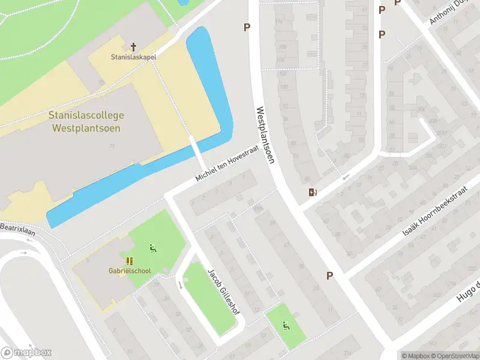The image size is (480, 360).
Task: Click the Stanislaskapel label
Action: click(133, 58)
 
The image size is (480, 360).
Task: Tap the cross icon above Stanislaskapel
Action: click(133, 46)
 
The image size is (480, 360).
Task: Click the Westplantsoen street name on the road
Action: click(265, 136)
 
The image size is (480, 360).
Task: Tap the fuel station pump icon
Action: click(313, 192)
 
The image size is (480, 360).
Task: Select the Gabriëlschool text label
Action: click(130, 271)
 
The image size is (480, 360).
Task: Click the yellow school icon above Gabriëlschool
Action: click(130, 260)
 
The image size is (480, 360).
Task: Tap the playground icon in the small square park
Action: click(286, 326)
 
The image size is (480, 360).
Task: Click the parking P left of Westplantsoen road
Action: click(246, 26)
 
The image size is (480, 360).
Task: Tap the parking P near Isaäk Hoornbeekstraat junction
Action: click(329, 275)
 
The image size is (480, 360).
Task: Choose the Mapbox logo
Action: click(26, 352)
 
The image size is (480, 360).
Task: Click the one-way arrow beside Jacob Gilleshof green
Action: click(180, 284)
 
